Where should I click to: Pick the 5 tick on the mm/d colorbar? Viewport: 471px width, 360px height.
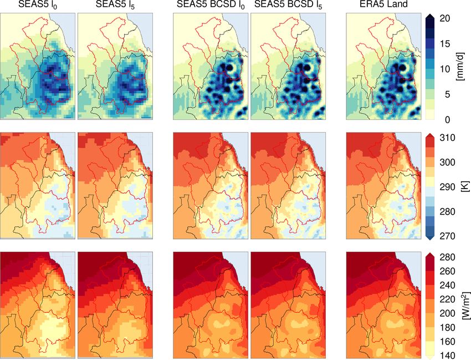click(446, 94)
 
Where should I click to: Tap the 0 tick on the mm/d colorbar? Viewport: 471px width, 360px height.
click(446, 119)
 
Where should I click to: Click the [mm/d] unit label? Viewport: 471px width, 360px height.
click(460, 69)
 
